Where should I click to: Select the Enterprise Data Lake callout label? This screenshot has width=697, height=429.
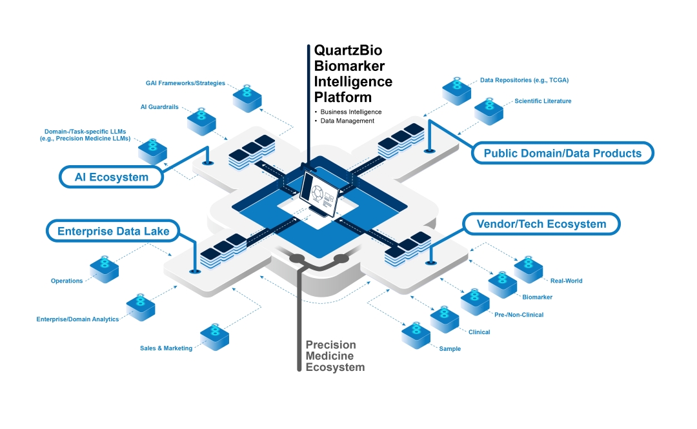[113, 232]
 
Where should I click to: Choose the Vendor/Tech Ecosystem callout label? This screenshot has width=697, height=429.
[541, 224]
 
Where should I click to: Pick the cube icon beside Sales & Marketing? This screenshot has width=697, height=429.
[214, 335]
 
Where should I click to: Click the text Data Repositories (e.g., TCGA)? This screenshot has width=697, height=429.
[524, 81]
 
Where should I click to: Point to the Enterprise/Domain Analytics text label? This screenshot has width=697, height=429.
[77, 319]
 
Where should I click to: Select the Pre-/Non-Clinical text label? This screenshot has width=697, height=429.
[519, 315]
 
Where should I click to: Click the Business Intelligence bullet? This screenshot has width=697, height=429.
[350, 112]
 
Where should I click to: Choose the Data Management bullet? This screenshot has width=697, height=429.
[347, 121]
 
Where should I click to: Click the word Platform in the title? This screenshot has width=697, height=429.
[343, 97]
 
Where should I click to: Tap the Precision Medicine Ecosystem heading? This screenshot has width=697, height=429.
[334, 356]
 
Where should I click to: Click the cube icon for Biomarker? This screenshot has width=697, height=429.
[503, 283]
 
